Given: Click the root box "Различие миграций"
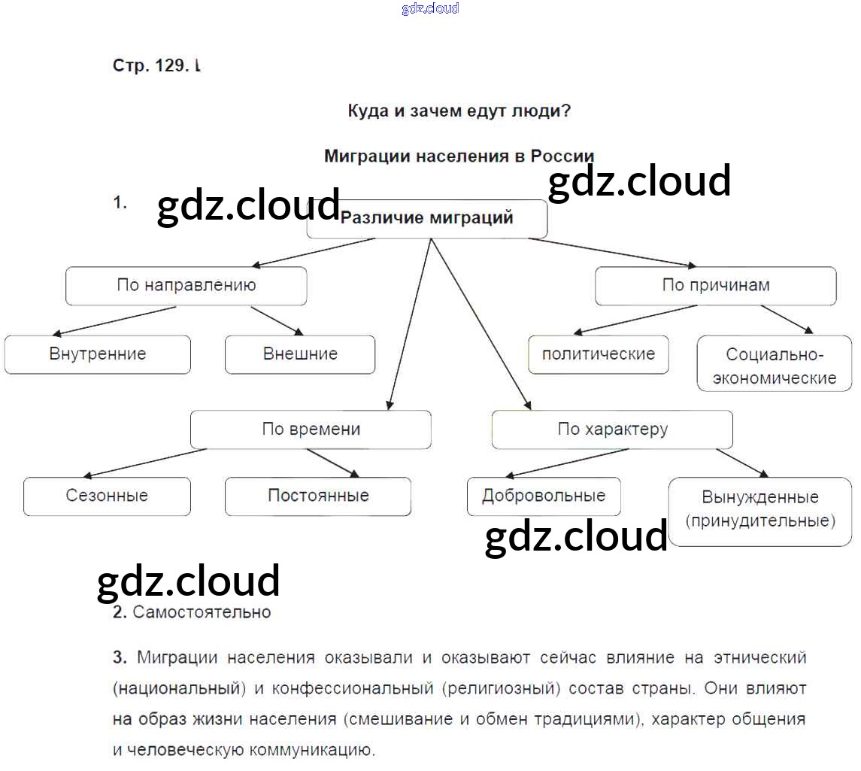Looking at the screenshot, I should click(x=427, y=219).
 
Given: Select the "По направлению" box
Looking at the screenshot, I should click(x=186, y=286).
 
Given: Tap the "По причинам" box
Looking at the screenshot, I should click(x=715, y=286).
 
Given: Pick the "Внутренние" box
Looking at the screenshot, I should click(x=98, y=354).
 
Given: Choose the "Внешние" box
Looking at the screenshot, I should click(x=300, y=354).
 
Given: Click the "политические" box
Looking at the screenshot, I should click(x=599, y=354).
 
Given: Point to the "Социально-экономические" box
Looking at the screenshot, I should click(x=775, y=365).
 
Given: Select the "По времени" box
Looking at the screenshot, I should click(x=311, y=430).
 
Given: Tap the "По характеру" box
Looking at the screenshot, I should click(x=612, y=430).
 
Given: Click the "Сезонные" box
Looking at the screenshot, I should click(x=107, y=496).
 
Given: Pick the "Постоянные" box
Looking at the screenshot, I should click(x=318, y=496).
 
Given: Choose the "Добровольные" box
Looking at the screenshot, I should click(x=544, y=496).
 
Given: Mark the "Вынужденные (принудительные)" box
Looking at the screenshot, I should click(x=759, y=509).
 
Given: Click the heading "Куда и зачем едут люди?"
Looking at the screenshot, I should click(x=459, y=111).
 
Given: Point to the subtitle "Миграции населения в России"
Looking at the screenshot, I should click(x=459, y=156).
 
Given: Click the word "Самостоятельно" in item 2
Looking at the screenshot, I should click(x=202, y=612).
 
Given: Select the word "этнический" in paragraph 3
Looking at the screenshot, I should click(x=761, y=658).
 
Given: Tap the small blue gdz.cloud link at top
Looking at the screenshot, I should click(x=430, y=9).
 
